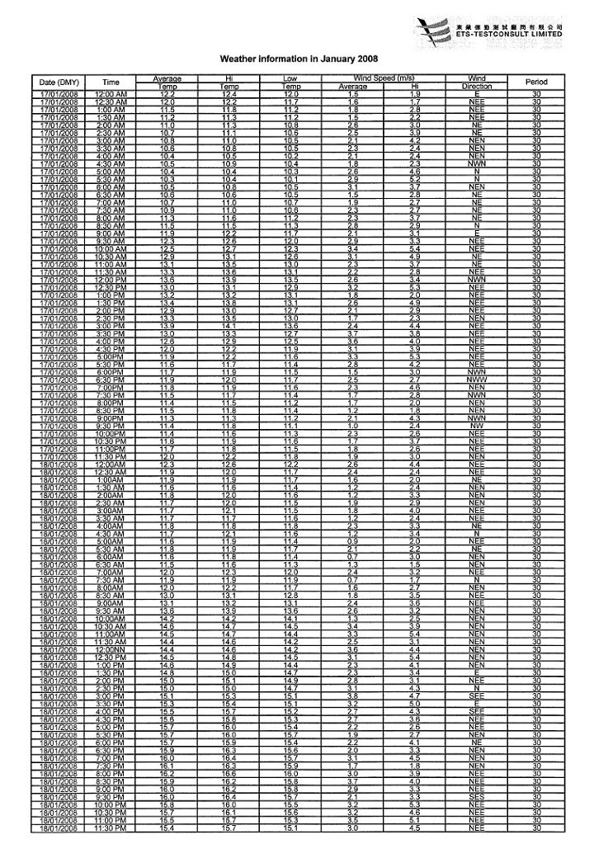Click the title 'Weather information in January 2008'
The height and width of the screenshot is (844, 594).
coord(299,59)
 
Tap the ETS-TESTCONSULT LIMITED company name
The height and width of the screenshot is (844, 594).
coord(510,34)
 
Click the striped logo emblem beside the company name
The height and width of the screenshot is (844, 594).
coord(435,31)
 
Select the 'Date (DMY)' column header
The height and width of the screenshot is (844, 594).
coord(59,82)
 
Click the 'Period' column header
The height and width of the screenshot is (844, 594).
coord(536,82)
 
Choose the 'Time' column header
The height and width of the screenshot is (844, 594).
coord(111,82)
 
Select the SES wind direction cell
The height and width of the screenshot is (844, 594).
coord(477,797)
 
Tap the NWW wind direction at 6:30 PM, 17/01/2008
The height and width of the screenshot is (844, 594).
coord(477,379)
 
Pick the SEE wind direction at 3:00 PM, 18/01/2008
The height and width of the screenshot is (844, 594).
coord(477,695)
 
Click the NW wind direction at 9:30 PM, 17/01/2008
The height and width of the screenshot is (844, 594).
coord(477,425)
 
